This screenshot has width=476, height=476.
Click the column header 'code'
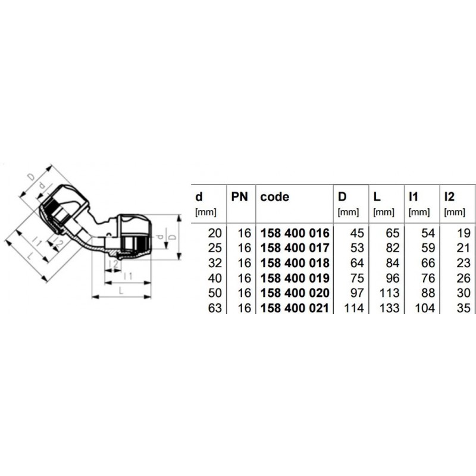(x=275, y=196)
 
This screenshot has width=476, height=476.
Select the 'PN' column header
(x=240, y=196)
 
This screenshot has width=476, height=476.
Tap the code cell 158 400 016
(x=295, y=233)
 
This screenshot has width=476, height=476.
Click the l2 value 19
(x=464, y=233)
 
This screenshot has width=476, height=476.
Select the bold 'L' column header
(x=377, y=196)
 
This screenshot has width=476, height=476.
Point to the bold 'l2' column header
(x=450, y=196)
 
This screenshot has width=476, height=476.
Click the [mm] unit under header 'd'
(x=205, y=211)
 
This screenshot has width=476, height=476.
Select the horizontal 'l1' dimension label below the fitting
(x=127, y=276)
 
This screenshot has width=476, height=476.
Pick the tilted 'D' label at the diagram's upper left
(x=32, y=177)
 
